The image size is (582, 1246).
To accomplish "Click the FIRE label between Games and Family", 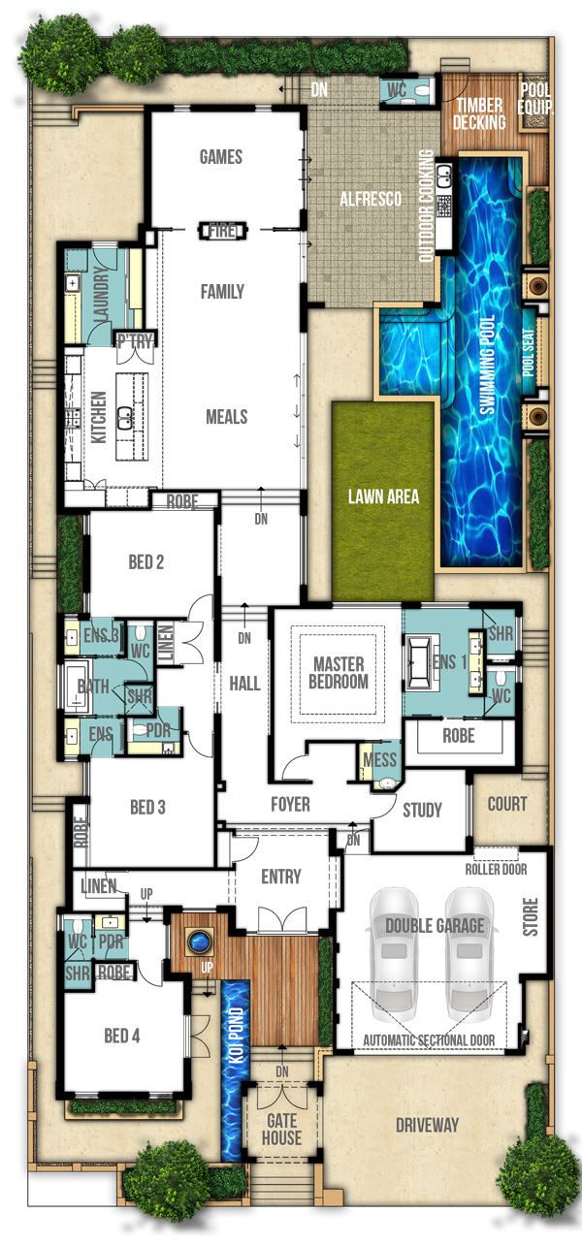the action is (x=222, y=231).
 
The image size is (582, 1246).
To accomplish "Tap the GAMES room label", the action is (x=221, y=157).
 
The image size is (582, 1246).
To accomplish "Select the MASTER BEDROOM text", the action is (x=339, y=673).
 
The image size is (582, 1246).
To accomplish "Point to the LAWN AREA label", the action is (x=383, y=496).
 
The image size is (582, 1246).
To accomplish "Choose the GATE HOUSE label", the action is (x=281, y=1130).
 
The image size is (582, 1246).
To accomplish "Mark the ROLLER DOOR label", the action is (x=496, y=870).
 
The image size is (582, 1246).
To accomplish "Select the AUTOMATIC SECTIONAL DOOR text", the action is (x=429, y=1039).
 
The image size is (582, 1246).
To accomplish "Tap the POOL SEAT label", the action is (x=530, y=352).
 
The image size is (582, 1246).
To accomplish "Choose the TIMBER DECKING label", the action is (x=479, y=113).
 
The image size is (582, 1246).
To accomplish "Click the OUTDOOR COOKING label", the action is (x=427, y=206).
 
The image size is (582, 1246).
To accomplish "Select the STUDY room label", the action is (x=422, y=810).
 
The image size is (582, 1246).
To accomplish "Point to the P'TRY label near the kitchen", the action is (x=135, y=341).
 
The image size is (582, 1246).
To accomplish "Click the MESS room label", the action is (x=379, y=760).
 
